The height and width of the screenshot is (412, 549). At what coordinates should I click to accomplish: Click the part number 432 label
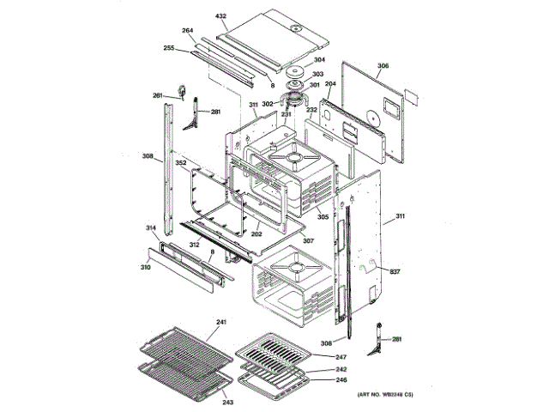point(220,15)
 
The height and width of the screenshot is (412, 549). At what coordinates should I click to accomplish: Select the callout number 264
point(188,32)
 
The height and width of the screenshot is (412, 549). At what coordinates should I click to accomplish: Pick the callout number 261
point(158,95)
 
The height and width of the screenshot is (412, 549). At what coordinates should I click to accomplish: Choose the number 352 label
point(181,162)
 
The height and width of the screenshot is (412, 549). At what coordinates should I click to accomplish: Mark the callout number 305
point(323,217)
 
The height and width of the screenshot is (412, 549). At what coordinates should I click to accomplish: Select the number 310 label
point(146,268)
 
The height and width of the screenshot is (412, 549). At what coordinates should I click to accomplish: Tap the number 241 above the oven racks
point(220,322)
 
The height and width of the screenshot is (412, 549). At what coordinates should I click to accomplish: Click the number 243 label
point(227,403)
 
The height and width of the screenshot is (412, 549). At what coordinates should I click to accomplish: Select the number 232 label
point(312,110)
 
